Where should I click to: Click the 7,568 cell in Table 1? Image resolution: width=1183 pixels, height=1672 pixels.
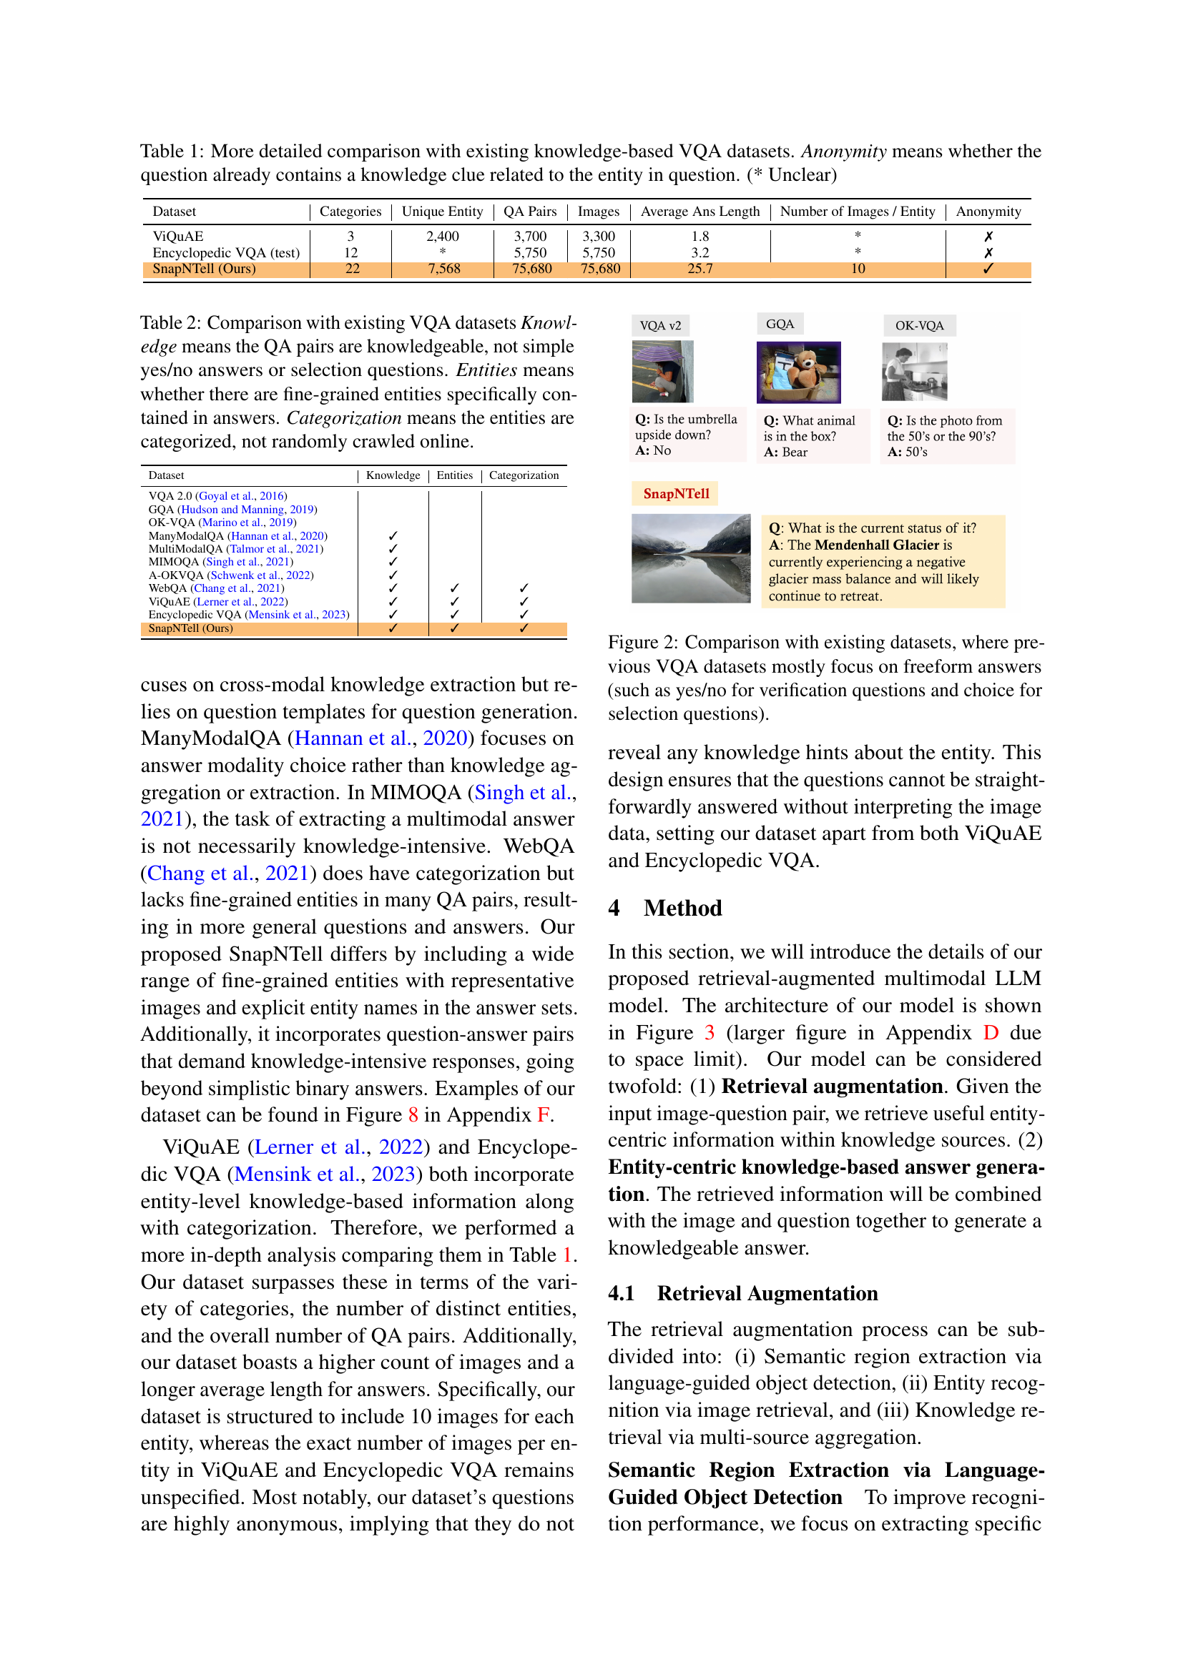443,269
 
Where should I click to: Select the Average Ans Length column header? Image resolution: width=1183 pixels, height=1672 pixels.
700,211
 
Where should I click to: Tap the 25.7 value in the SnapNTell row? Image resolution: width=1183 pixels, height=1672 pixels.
700,269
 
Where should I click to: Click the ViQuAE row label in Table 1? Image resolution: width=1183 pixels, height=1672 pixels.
178,236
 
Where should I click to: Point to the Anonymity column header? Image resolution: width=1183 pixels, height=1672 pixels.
988,211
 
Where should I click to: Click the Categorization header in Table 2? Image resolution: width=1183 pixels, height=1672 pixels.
523,475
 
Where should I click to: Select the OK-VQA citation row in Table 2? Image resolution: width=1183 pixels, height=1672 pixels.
222,522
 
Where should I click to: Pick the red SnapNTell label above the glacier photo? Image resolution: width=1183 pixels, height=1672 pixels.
675,494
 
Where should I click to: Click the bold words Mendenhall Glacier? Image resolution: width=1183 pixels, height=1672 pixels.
876,545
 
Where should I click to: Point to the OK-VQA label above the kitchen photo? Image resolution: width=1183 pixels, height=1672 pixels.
918,325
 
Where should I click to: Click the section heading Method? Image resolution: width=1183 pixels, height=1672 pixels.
682,908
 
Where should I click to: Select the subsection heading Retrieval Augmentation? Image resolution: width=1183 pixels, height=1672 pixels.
767,1293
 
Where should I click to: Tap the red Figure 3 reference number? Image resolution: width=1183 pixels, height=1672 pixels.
710,1033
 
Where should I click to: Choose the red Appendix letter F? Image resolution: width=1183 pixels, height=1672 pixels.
543,1115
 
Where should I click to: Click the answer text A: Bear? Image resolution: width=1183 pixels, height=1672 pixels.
785,452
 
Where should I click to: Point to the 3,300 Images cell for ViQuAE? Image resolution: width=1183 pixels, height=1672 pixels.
598,236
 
